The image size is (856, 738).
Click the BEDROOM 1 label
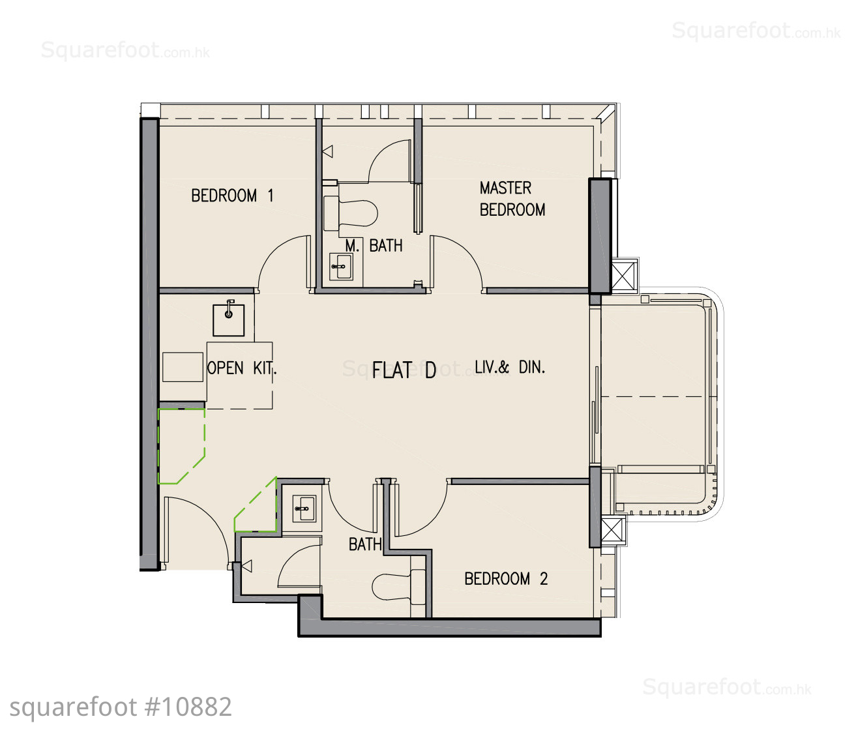tap(232, 196)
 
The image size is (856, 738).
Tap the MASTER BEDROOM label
tap(512, 199)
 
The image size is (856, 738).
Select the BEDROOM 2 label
tap(506, 578)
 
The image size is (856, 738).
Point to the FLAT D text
tap(404, 370)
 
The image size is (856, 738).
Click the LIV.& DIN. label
tap(510, 367)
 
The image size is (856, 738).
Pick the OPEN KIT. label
tap(242, 368)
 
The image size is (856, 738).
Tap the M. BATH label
tap(374, 246)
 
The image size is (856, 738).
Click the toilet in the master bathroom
tap(350, 214)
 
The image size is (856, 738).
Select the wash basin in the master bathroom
tap(342, 267)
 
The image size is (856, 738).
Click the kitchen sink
tap(229, 319)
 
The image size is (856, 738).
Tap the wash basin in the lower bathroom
tap(304, 508)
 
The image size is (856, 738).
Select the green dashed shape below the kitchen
tap(181, 446)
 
